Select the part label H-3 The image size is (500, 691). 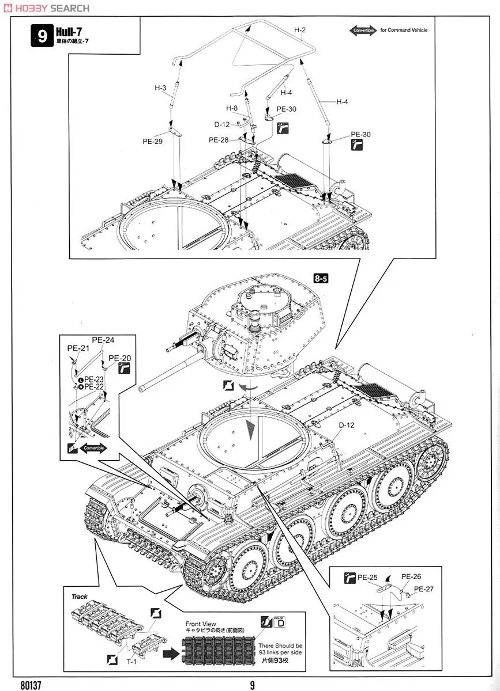[x=160, y=88]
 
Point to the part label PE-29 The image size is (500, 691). [x=153, y=141]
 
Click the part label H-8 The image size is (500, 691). [x=232, y=108]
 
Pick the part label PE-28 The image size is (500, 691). [x=219, y=139]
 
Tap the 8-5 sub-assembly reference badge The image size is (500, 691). [x=322, y=278]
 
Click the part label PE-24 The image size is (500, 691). [x=103, y=340]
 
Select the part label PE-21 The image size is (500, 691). [x=78, y=348]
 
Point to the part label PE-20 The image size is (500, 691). [x=119, y=358]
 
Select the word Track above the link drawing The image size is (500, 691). [x=80, y=597]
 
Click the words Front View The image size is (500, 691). [x=201, y=624]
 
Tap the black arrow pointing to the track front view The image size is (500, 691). [x=171, y=654]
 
